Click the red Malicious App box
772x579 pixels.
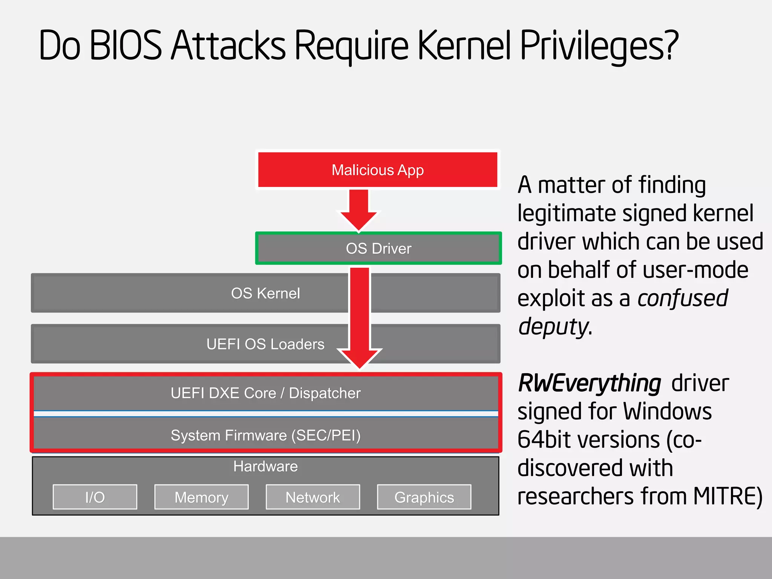click(378, 170)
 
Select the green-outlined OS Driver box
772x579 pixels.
click(378, 248)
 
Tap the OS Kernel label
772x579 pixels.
click(265, 293)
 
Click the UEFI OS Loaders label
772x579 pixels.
click(265, 344)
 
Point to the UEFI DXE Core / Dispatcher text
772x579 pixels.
click(265, 393)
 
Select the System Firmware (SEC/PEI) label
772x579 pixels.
click(265, 435)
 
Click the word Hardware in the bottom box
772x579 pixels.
click(265, 467)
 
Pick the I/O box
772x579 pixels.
click(95, 497)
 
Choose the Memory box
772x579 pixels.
click(201, 497)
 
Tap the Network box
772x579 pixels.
click(313, 497)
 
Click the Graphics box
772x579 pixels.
click(424, 497)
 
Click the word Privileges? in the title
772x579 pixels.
click(599, 46)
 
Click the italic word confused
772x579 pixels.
click(683, 298)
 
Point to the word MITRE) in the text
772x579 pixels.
click(728, 496)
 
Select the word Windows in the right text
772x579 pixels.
click(667, 411)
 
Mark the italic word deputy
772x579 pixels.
click(553, 327)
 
